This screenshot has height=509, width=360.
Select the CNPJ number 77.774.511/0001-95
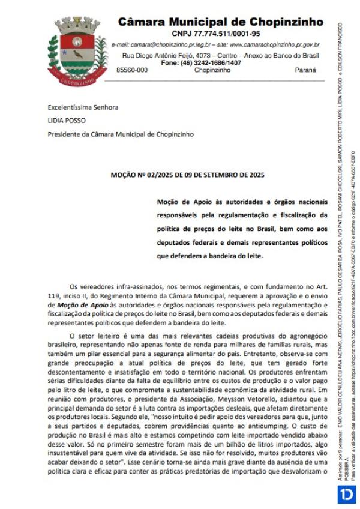coord(216,34)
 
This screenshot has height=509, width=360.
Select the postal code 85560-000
coord(131,70)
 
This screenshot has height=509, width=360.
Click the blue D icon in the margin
coord(346,495)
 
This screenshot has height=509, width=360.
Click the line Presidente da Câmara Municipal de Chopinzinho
coord(121,134)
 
